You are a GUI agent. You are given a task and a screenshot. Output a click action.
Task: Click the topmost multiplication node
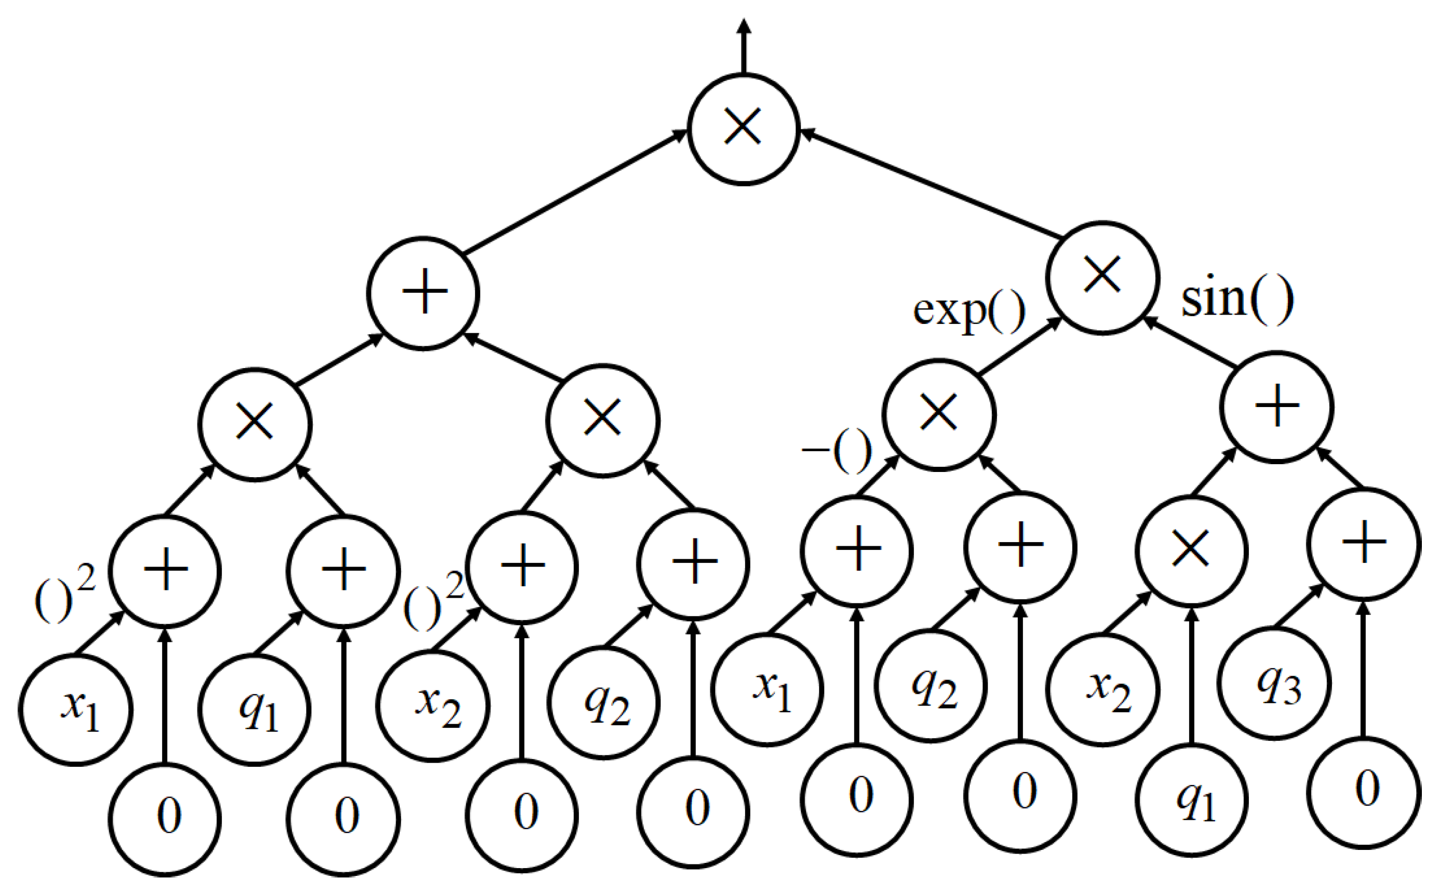[x=744, y=129]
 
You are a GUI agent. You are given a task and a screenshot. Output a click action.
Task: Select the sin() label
[x=1236, y=300]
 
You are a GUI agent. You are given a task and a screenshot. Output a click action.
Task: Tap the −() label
[x=837, y=451]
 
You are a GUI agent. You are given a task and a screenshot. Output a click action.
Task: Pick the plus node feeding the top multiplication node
[x=423, y=293]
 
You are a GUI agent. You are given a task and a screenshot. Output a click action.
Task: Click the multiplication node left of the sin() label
[x=1102, y=277]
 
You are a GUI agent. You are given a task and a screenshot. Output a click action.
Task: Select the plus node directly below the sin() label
[x=1276, y=407]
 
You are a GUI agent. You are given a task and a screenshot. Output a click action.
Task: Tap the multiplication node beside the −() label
[x=939, y=414]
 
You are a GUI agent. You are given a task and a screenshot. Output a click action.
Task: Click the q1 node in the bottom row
[x=1192, y=801]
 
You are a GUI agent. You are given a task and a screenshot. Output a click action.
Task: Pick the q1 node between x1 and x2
[x=255, y=709]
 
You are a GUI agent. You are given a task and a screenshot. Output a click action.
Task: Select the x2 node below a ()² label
[x=433, y=706]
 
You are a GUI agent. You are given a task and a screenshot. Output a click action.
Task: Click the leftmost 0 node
[x=165, y=819]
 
